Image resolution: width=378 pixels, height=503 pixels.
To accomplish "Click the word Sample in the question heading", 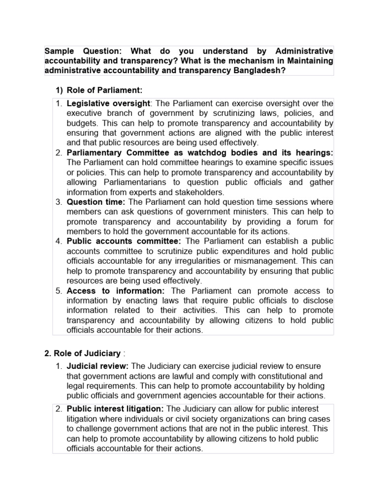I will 59,51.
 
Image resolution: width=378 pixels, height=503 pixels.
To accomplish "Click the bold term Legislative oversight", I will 109,103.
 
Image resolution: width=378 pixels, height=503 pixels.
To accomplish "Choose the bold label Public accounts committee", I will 124,241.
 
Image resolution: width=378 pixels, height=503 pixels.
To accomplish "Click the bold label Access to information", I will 116,291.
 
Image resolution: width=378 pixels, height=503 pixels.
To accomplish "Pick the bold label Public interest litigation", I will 116,409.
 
